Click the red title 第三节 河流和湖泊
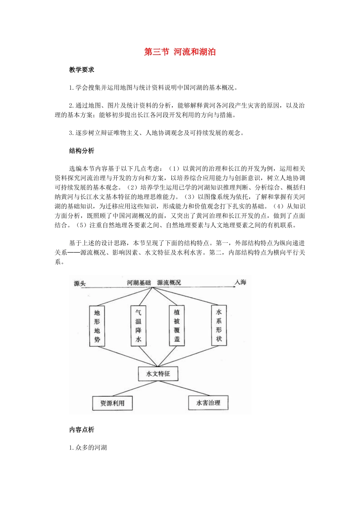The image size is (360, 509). [x=180, y=52]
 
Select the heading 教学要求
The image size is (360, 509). [x=81, y=70]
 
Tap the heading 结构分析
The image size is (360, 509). [x=81, y=151]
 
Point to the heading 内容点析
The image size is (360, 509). [x=81, y=430]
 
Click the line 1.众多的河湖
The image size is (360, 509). [x=88, y=448]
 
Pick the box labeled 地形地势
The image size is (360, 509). [x=97, y=326]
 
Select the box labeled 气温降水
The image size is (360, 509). [x=138, y=326]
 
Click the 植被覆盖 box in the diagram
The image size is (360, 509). [x=177, y=326]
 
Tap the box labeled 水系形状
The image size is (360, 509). [x=219, y=325]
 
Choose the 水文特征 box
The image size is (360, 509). [x=158, y=374]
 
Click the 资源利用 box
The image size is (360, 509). [x=112, y=403]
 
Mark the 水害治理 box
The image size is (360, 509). [x=208, y=403]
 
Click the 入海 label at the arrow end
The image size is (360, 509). [x=241, y=282]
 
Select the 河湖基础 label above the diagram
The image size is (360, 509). [x=139, y=283]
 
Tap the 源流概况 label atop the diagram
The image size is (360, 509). [x=169, y=283]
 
